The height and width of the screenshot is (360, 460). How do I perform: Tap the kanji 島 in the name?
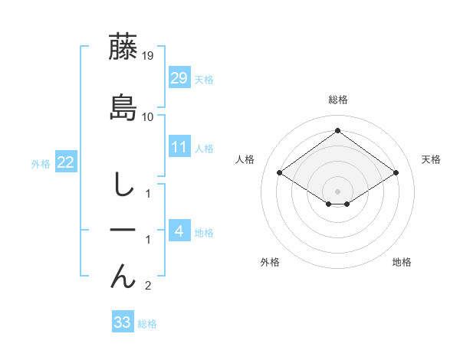(123, 107)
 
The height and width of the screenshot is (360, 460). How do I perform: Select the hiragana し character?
(123, 185)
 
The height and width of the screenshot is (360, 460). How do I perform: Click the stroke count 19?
(148, 56)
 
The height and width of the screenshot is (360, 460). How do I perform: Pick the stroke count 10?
(148, 117)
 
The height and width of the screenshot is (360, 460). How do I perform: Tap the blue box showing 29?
(179, 78)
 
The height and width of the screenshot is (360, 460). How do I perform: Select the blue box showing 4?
(179, 231)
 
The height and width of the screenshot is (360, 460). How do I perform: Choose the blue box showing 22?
(65, 162)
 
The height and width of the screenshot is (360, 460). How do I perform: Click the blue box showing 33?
(123, 322)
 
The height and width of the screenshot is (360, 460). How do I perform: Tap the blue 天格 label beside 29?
(204, 80)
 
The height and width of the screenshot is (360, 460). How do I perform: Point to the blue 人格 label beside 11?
(204, 148)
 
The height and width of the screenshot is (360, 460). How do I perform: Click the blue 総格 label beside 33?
(147, 324)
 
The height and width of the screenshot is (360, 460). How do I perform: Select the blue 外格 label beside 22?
(41, 163)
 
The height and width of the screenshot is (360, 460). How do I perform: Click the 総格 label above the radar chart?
(337, 100)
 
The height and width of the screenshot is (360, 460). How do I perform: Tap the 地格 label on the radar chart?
(402, 262)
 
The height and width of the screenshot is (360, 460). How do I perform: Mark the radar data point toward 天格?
(396, 173)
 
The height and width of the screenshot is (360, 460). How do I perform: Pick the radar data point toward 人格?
(280, 173)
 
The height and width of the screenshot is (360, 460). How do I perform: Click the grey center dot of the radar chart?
(337, 190)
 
